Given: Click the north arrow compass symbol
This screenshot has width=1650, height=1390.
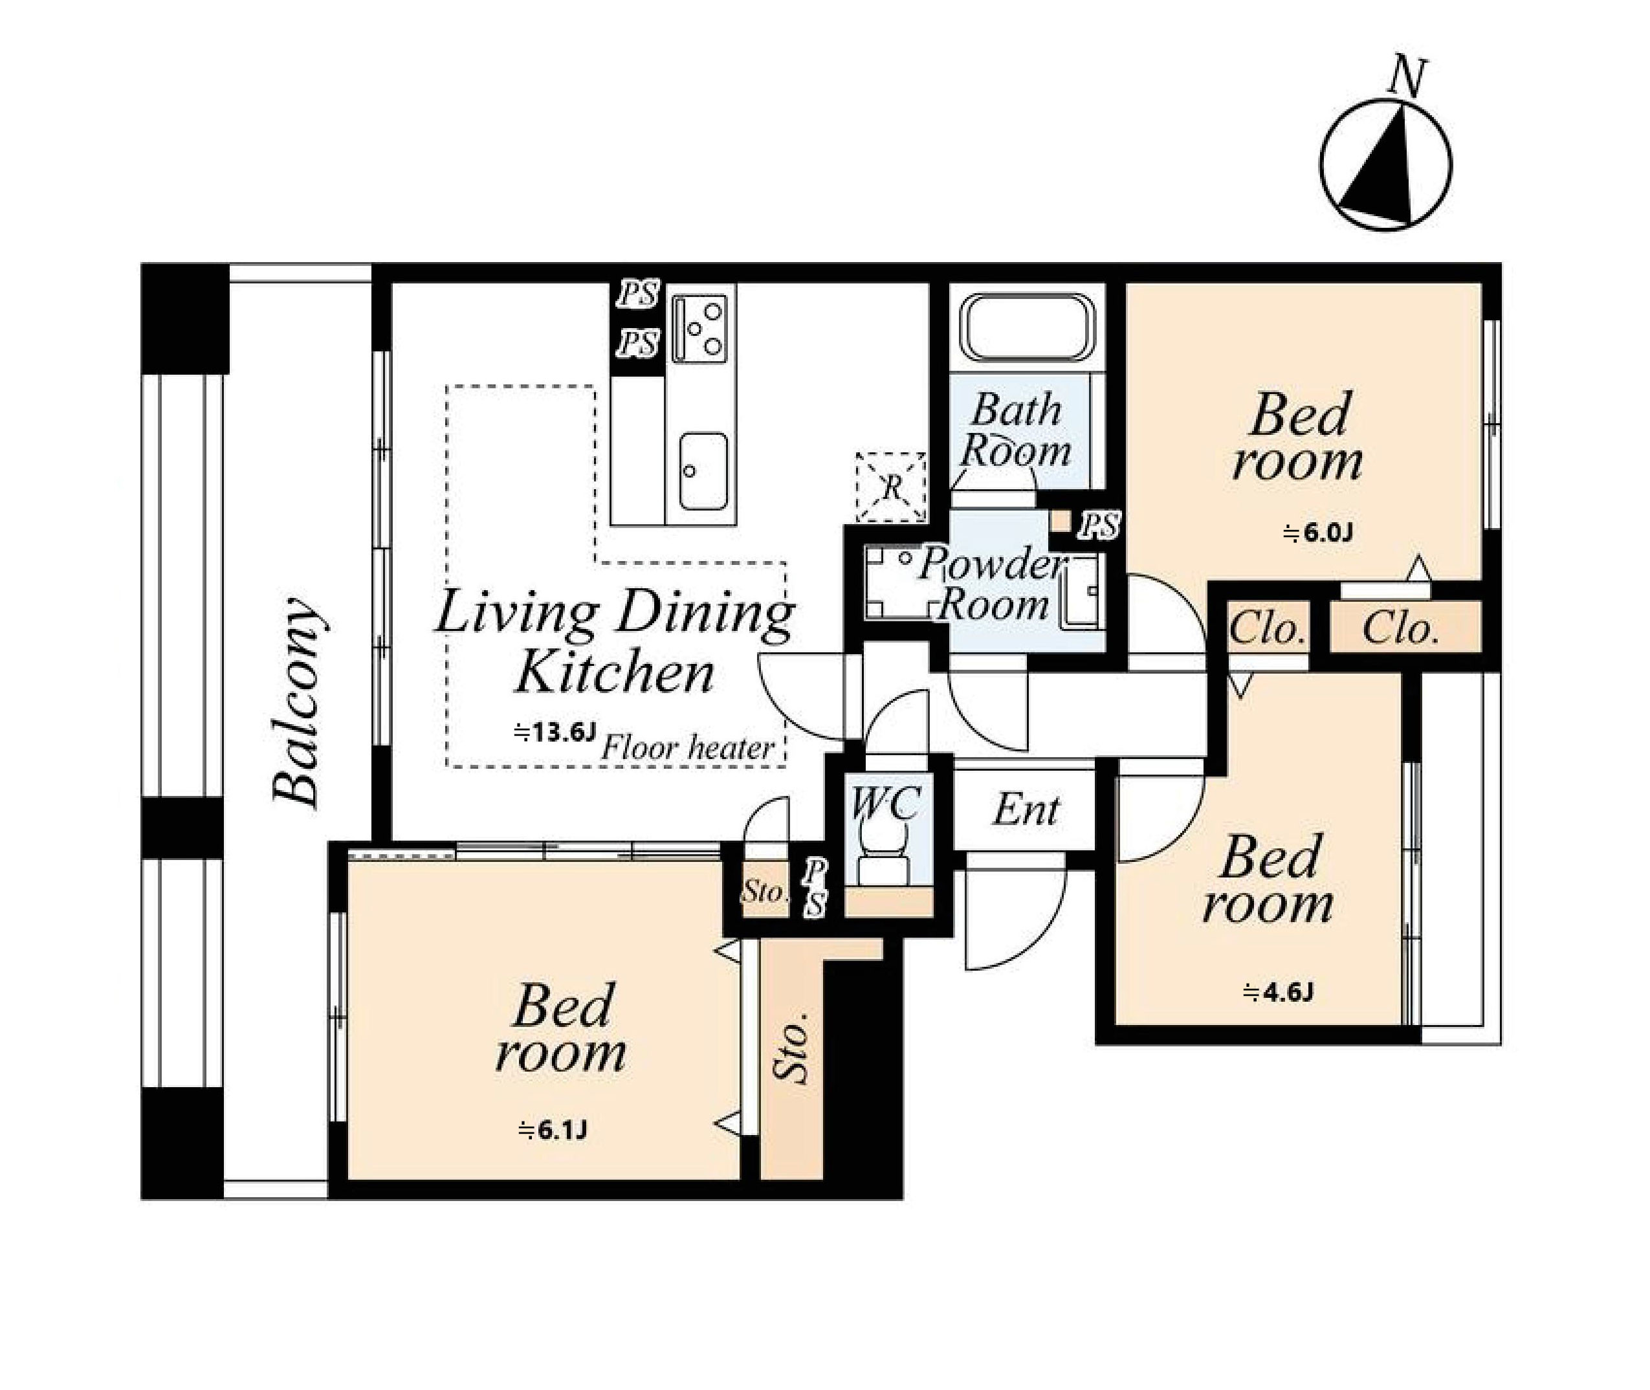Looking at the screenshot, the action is point(1385,164).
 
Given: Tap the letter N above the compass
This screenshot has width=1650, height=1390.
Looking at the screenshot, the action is point(1407,77).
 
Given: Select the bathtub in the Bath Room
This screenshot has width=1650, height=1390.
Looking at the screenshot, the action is point(1027,328).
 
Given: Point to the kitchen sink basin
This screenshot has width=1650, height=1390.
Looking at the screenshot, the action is point(702,470).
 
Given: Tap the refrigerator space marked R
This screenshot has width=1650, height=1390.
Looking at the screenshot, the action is point(890,487).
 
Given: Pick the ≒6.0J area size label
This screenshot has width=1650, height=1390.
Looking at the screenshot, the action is point(1318,533).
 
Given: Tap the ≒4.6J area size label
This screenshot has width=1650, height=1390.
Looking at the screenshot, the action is point(1278,992).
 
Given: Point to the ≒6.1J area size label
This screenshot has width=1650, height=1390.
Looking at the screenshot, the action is point(553,1131).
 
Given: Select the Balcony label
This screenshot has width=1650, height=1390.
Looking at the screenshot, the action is point(298,701).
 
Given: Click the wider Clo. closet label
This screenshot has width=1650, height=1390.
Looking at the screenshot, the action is point(1400,628).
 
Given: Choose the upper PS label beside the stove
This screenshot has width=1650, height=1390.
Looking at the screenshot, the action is point(637,294).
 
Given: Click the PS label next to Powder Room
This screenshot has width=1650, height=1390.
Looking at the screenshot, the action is point(1099,526).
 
